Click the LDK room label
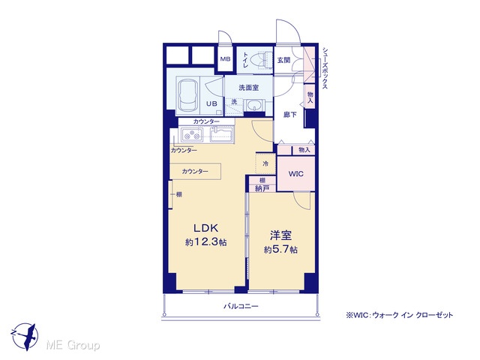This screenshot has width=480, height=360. pos(205,228)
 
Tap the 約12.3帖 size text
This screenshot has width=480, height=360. pos(205,242)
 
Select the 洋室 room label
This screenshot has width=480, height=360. pos(280,235)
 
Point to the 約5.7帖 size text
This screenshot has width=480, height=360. pos(280,250)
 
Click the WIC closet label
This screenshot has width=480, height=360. pos(296,174)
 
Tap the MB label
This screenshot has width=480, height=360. pos(225,59)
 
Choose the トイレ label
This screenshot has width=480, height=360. pos(245,60)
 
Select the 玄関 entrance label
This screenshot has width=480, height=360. pos(283,60)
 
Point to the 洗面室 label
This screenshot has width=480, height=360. pos(248,88)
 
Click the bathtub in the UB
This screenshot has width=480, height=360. pos(188,95)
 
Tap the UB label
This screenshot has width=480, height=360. pos(211,103)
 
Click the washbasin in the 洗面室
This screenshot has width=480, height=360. pos(253,106)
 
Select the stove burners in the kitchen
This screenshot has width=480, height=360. pos(192,135)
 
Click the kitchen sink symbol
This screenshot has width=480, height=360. pos(222,135)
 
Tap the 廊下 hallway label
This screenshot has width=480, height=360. pos(290,115)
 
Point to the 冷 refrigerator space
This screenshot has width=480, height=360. pos(265,163)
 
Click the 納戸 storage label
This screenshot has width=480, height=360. pos(262,188)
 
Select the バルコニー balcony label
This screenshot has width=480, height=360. pos(241,306)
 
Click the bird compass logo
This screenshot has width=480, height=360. pos(25,337)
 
